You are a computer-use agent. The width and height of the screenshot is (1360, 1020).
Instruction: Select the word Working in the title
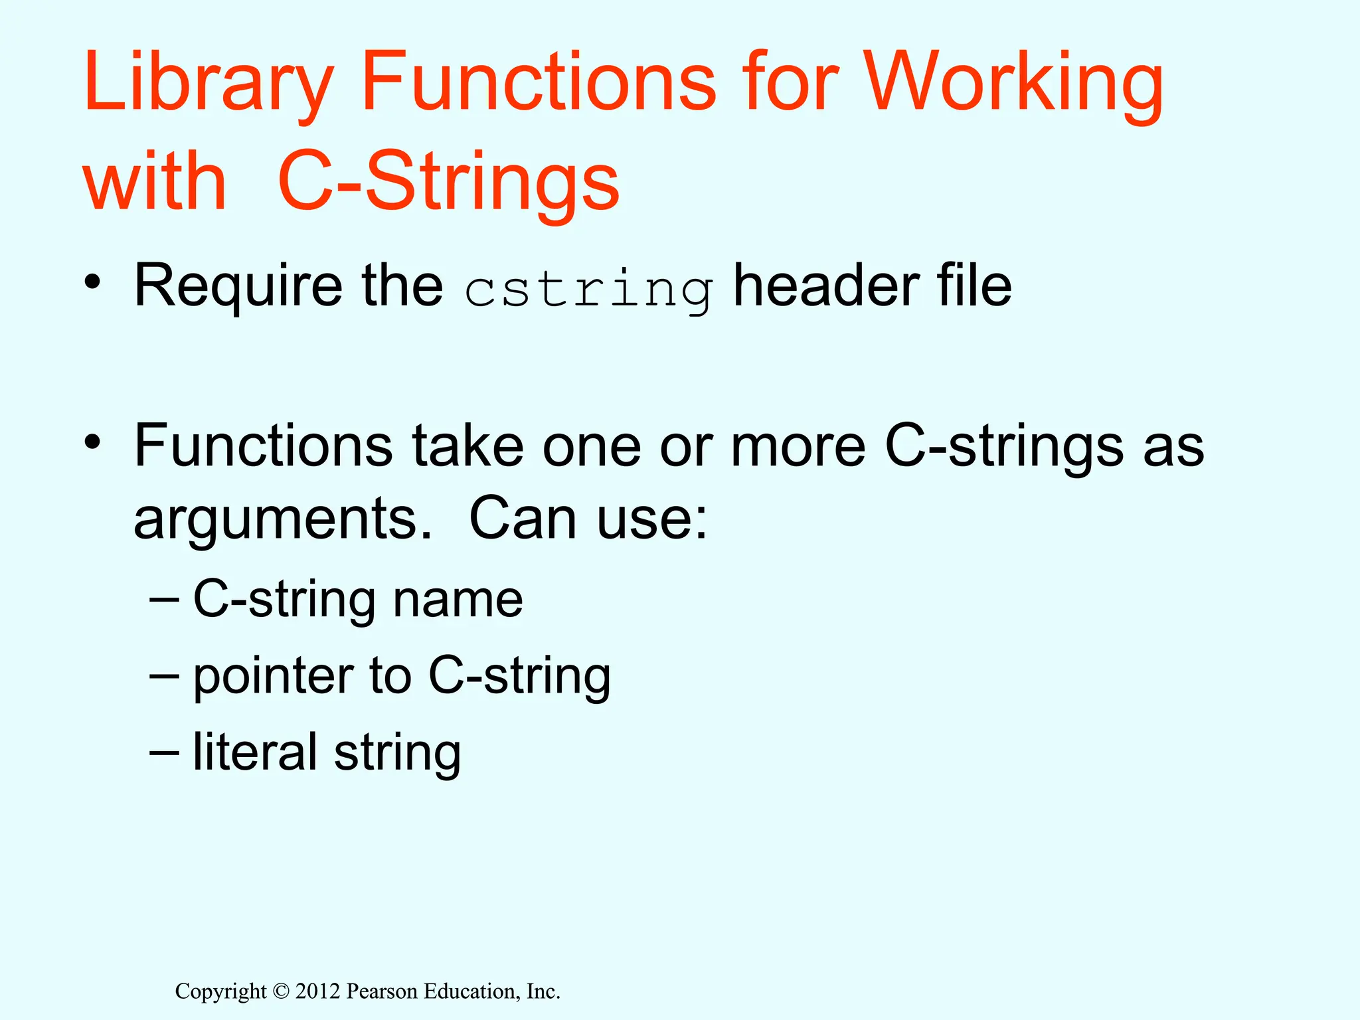coord(1013,83)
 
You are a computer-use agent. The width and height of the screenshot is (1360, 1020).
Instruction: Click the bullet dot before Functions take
coord(93,441)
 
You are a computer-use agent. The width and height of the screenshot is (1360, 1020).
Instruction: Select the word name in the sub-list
coord(458,599)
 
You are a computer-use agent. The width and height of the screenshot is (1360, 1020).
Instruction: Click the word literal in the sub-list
coord(255,752)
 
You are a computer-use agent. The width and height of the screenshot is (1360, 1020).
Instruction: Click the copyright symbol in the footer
coord(281,991)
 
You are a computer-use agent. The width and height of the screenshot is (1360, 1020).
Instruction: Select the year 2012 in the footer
coord(317,991)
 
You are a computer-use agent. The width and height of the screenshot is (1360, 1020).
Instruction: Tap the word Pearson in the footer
coord(382,991)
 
